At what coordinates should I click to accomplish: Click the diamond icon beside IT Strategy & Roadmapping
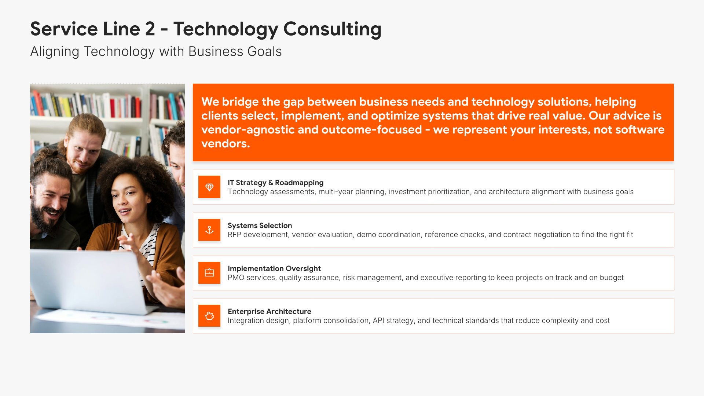point(209,187)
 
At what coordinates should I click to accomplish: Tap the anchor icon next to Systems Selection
point(209,230)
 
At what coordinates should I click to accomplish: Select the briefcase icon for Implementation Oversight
point(209,273)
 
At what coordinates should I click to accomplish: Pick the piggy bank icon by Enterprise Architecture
point(209,316)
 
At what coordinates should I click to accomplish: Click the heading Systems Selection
point(260,225)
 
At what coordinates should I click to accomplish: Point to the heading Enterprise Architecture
point(269,311)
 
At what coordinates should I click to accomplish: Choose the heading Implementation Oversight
point(274,268)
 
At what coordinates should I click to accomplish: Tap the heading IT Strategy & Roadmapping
point(275,183)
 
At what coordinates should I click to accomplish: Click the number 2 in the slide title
point(150,29)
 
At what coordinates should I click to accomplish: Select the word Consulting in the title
point(332,29)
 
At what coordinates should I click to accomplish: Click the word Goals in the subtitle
point(264,52)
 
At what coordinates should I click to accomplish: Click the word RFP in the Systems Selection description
point(234,235)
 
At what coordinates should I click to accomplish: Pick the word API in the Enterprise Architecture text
point(378,320)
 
